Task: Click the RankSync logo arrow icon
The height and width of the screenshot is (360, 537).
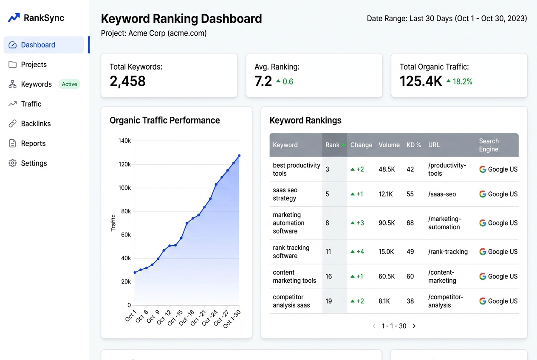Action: pos(14,17)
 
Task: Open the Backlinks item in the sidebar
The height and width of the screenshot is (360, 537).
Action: pos(36,124)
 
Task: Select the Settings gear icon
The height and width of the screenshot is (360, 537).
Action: pos(12,163)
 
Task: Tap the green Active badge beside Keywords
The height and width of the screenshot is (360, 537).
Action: pos(69,84)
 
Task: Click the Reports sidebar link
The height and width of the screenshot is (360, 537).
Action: pos(33,143)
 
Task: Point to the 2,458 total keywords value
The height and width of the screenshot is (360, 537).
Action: pos(127,81)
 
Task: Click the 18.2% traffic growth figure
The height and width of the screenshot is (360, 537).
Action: pos(463,82)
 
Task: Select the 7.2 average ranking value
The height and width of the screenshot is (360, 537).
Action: pos(263,81)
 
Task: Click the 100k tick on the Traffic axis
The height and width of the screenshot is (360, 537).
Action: pos(124,188)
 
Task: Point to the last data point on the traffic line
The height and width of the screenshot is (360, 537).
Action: pos(239,156)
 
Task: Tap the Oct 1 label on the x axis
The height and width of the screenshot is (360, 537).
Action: pos(131,316)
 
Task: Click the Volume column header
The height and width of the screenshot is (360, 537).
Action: pos(389,145)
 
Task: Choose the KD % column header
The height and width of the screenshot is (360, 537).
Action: pos(413,145)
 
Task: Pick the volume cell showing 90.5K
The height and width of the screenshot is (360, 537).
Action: pos(387,223)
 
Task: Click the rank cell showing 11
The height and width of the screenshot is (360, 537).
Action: pos(328,252)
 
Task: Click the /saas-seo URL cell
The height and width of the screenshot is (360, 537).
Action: pos(442,194)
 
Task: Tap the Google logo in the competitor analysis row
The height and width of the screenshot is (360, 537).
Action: pos(483,301)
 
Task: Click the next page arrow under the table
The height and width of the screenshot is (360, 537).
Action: pos(414,326)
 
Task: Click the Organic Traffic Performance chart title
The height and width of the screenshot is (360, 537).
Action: pos(165,120)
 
